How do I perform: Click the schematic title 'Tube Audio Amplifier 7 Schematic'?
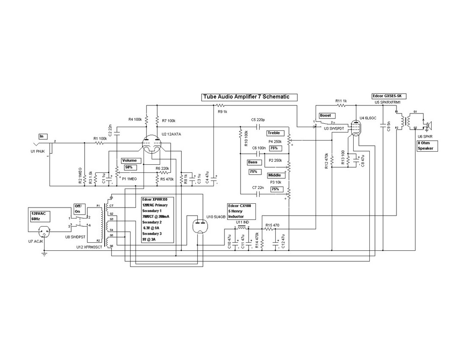(249, 97)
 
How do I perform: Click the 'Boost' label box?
(325, 115)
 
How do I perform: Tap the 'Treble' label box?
(274, 133)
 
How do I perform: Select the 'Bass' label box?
(252, 162)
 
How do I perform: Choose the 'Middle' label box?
(274, 175)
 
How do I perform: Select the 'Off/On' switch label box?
(80, 209)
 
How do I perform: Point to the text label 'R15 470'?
(272, 225)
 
